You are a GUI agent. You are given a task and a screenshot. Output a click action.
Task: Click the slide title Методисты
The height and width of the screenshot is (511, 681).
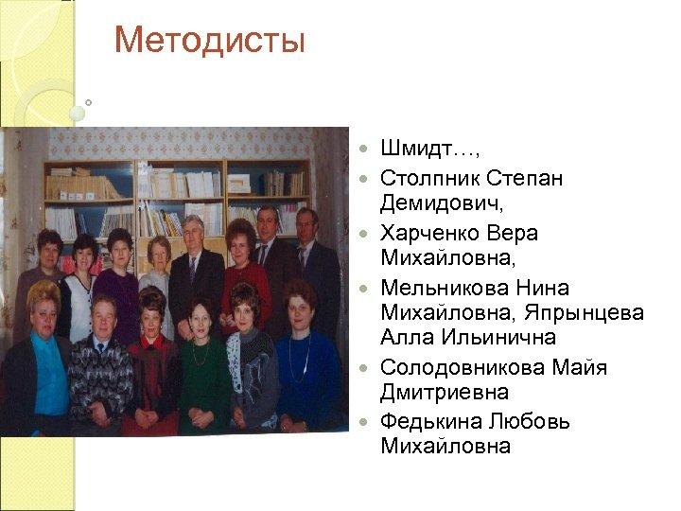(209, 41)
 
